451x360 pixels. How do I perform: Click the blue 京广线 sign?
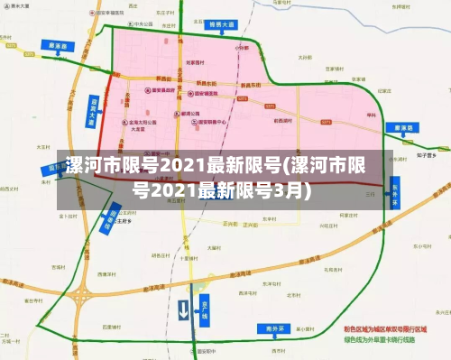pyautogui.click(x=205, y=309)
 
